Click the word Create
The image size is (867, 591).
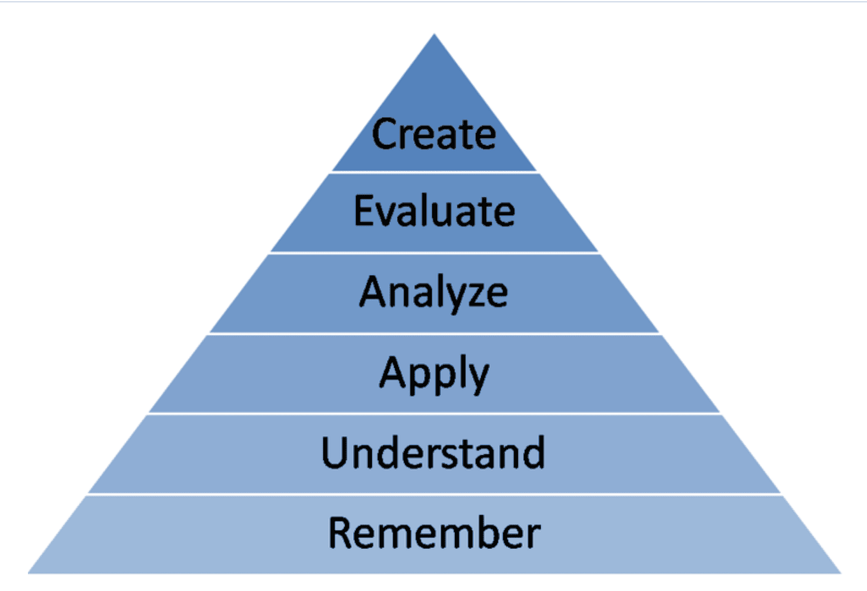[x=434, y=133]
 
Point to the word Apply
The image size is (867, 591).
[x=434, y=374]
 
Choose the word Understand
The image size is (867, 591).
[x=433, y=452]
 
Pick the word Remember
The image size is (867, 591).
[x=434, y=533]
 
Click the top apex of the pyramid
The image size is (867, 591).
[x=434, y=34]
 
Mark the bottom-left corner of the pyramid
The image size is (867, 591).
[x=28, y=573]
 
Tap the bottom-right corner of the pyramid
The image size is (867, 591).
[x=841, y=573]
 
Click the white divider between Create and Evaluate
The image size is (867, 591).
[x=434, y=172]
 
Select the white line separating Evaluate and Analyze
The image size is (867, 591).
[x=434, y=253]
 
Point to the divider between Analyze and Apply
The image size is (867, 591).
[x=434, y=333]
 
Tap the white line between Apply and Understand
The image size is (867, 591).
[x=434, y=414]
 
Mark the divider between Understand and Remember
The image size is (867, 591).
[x=434, y=495]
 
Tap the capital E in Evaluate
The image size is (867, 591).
[x=364, y=210]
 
